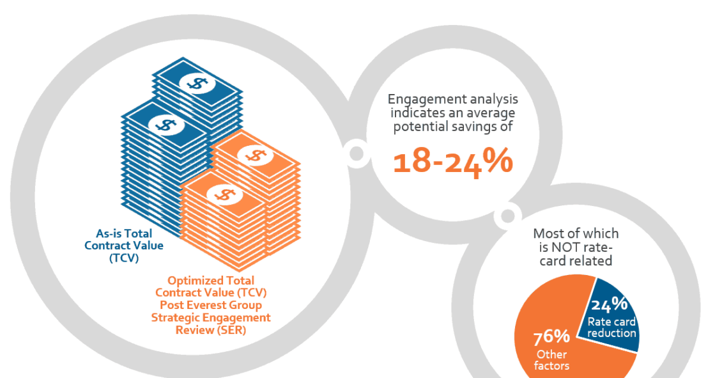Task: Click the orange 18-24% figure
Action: (x=452, y=162)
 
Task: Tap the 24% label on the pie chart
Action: (x=609, y=304)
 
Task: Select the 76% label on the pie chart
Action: (x=551, y=337)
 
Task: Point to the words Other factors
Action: (x=551, y=360)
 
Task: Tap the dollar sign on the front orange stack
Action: (x=225, y=194)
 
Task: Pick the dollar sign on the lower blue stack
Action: (x=166, y=124)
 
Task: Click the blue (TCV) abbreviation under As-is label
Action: (x=124, y=258)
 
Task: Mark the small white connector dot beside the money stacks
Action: (x=356, y=154)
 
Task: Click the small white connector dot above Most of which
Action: (x=507, y=216)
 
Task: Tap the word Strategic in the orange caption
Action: (x=176, y=318)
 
